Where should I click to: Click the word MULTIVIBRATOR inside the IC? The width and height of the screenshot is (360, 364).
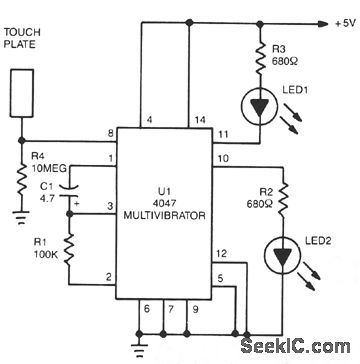coord(161,214)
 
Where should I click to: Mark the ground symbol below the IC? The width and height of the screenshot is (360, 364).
coord(138,348)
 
